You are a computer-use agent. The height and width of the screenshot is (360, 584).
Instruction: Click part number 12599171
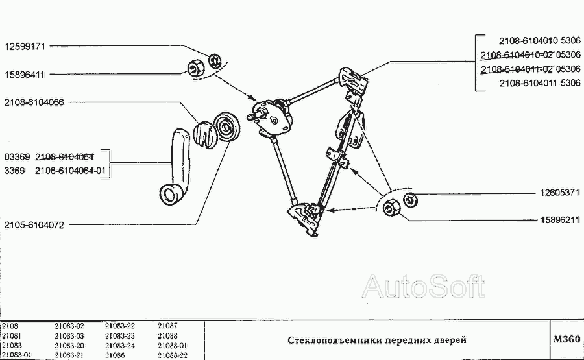[25, 47]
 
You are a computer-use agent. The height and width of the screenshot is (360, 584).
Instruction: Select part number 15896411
[24, 75]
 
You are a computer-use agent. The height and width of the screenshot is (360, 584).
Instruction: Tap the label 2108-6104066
[34, 102]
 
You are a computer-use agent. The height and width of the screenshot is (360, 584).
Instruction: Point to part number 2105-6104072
[34, 225]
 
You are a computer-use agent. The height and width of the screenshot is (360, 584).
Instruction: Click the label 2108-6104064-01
[70, 171]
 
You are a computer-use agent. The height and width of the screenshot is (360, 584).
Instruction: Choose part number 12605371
[560, 193]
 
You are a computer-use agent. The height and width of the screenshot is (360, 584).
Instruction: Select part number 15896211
[560, 220]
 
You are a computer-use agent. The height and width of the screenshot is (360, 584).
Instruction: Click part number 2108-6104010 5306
[540, 40]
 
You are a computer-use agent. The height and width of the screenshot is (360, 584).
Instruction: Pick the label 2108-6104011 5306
[540, 82]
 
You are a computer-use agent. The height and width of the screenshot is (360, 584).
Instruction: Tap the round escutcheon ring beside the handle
[227, 126]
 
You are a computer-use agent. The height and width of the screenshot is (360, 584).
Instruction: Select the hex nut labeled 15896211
[391, 207]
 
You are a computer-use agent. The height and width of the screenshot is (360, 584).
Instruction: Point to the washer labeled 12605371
[411, 200]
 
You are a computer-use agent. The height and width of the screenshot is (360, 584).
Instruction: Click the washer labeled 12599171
[215, 61]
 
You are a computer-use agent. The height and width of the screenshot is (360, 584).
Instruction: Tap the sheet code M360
[567, 339]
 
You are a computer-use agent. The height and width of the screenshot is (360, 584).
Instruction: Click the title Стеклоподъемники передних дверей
[377, 340]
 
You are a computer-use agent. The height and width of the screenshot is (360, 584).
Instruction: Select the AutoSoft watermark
[424, 286]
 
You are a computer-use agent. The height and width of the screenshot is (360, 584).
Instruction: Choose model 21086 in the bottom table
[115, 355]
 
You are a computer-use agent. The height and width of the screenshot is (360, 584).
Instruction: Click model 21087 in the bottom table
[167, 326]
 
